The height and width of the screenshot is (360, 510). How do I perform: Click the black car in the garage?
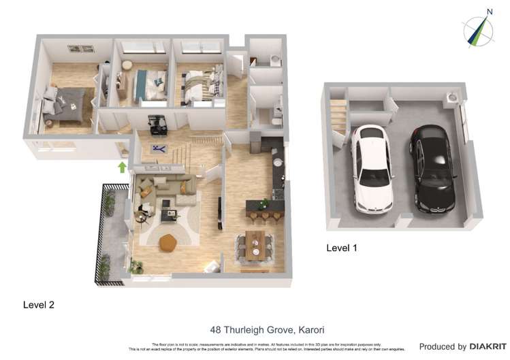pyautogui.click(x=433, y=169)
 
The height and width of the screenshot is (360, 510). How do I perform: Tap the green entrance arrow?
pyautogui.click(x=123, y=167)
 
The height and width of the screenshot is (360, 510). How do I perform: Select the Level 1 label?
pyautogui.click(x=342, y=248)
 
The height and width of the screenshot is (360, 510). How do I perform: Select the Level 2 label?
pyautogui.click(x=38, y=304)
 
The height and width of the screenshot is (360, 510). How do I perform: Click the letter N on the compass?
pyautogui.click(x=489, y=11)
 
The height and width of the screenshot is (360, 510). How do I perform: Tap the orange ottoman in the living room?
pyautogui.click(x=168, y=243)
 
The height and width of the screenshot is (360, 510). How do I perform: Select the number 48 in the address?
pyautogui.click(x=216, y=330)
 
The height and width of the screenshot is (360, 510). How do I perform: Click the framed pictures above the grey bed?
pyautogui.click(x=80, y=48)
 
